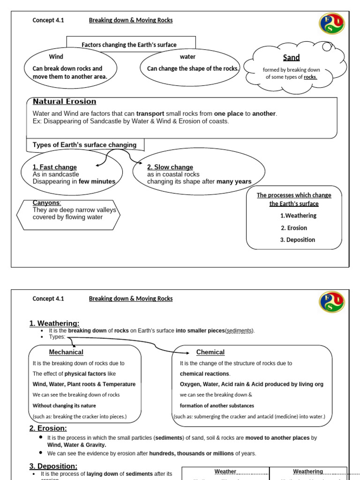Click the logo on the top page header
pos(331,23)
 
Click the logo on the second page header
pos(331,302)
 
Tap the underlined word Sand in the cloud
pos(291,58)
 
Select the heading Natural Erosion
pos(64,102)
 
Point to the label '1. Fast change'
pos(54,167)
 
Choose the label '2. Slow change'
pos(170,167)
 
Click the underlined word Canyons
pos(46,203)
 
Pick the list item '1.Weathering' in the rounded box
pos(298,216)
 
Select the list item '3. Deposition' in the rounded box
pos(298,240)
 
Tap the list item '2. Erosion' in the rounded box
pos(294,228)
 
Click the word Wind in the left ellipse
pos(56,57)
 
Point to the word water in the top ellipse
pos(187,57)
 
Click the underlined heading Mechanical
pos(66,352)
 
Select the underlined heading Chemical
pos(210,352)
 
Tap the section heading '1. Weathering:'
pos(54,323)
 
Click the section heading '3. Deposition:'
pos(53,466)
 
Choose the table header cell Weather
pos(225,472)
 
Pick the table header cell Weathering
pos(308,472)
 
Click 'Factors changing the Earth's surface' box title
pos(129,45)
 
